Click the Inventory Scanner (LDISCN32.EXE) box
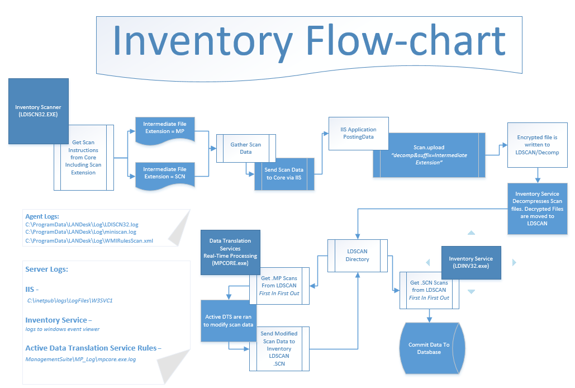(38, 110)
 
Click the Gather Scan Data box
(246, 148)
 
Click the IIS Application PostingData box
(358, 133)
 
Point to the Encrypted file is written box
(536, 144)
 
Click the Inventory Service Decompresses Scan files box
(536, 209)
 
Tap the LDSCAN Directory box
(357, 255)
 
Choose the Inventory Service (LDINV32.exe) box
(471, 262)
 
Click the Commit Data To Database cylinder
(429, 348)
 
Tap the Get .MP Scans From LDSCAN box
(279, 285)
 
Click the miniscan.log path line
(80, 232)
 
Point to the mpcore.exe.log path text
(81, 359)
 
